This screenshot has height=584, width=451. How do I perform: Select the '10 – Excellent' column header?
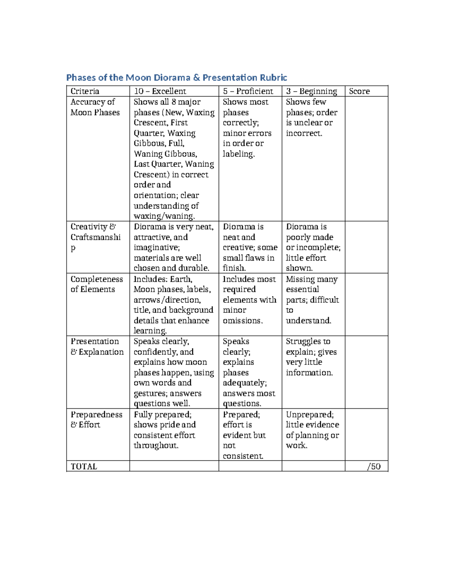tap(160, 91)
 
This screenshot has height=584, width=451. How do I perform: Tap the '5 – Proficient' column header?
tap(248, 91)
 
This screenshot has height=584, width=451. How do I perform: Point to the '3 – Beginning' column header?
tap(312, 91)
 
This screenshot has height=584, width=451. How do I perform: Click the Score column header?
tap(359, 91)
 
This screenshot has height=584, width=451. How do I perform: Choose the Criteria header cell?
tap(85, 91)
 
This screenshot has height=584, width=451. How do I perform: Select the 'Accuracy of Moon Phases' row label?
tap(95, 107)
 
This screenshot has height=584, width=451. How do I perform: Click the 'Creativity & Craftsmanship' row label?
tap(95, 237)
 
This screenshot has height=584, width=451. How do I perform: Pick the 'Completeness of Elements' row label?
tap(97, 284)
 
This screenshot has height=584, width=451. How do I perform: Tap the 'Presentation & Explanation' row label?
tap(97, 346)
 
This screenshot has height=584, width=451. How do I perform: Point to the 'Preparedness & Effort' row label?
tap(96, 419)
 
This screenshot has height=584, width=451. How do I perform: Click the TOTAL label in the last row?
tap(84, 466)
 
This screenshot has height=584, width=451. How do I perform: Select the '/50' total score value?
tap(374, 466)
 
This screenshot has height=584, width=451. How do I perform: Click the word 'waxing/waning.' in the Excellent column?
tap(164, 216)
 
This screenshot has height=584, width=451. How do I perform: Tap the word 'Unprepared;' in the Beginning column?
tap(310, 414)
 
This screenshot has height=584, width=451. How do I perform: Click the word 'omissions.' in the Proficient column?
tap(243, 320)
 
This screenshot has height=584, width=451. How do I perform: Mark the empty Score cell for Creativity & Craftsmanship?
tap(366, 247)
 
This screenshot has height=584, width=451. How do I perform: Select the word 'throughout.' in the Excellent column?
tap(156, 446)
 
